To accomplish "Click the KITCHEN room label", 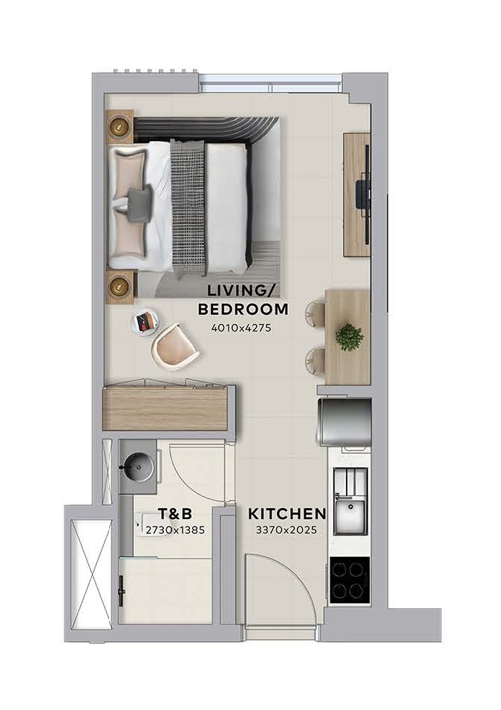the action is coord(287,514).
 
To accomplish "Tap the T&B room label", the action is coord(174,514).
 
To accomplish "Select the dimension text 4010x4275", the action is coord(241,328).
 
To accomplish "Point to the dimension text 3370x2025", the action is coord(286,530).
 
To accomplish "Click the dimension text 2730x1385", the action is coord(175,530).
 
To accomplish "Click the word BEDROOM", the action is coord(243,309).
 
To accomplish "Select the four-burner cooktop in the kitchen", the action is coord(350,580).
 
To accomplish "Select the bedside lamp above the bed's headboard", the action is coord(119,126).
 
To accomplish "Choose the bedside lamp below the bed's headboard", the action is coord(119,286).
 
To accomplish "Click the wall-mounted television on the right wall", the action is coord(364,195).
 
